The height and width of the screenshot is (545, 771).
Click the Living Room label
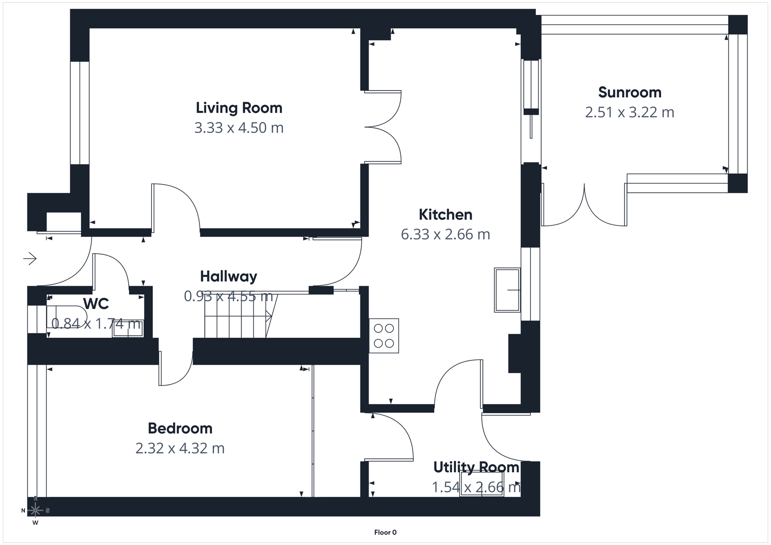point(239,108)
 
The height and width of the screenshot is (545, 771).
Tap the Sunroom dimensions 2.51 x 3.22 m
point(629,112)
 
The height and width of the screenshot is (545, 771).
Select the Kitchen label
point(445,214)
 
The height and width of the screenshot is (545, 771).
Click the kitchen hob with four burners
point(384,336)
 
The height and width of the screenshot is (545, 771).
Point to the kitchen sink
point(507,290)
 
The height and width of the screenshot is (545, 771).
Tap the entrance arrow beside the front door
point(30,259)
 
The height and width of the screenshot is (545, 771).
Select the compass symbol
point(35,510)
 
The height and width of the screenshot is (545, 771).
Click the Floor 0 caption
point(385,532)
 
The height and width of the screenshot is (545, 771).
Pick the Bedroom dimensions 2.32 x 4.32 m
point(180,449)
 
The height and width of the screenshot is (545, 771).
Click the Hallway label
point(228,277)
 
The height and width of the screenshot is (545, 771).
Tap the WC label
point(96,304)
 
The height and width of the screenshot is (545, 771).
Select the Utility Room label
point(476,467)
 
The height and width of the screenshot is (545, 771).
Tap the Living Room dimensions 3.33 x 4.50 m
point(239,128)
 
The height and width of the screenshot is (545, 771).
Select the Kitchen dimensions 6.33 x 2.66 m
point(445,235)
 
